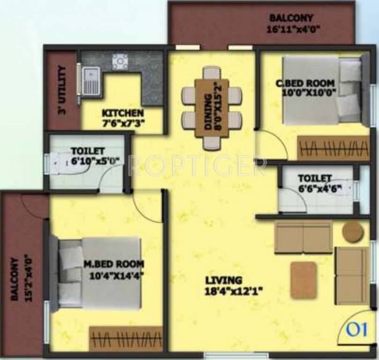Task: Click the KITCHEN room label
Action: tap(123, 113)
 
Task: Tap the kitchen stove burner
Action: tap(120, 61)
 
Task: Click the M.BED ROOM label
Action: tap(114, 263)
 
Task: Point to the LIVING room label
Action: tap(223, 280)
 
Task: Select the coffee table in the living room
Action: tap(303, 280)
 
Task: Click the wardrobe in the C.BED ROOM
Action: tap(333, 149)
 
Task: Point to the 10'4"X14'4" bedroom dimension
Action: tap(116, 275)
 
